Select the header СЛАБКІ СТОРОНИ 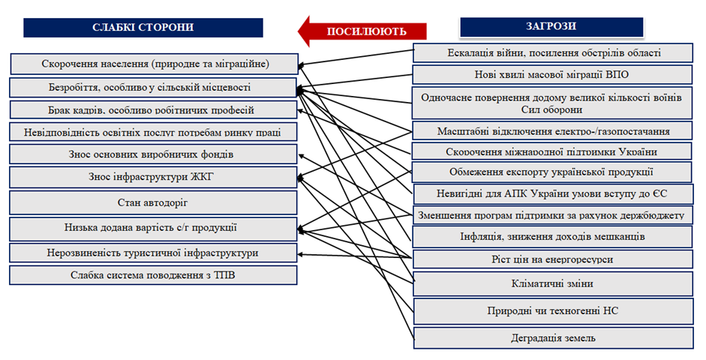click(x=143, y=27)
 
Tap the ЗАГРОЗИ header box click(x=551, y=26)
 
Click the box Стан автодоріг click(x=153, y=202)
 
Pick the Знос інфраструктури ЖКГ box click(x=153, y=178)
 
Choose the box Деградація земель click(x=551, y=338)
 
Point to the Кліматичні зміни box click(x=551, y=284)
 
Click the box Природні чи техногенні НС click(x=551, y=310)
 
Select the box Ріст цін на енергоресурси click(x=551, y=259)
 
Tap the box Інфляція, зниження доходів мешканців click(x=551, y=237)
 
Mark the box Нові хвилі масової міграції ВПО click(x=551, y=75)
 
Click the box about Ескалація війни click(x=551, y=52)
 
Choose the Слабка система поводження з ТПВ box click(x=153, y=275)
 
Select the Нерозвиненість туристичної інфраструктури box click(x=153, y=253)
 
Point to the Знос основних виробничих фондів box click(x=153, y=154)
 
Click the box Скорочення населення click(x=153, y=63)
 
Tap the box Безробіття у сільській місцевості click(x=153, y=88)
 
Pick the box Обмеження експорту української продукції click(x=551, y=172)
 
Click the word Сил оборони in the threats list click(x=551, y=109)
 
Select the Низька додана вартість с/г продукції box click(x=153, y=228)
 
